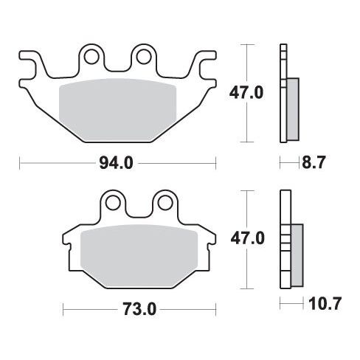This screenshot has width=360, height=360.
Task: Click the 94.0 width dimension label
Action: point(116,163)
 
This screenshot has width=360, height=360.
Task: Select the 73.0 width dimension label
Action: point(139,309)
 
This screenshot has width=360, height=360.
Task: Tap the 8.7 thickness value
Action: point(314,162)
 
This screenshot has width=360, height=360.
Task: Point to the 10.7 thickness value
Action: point(325,303)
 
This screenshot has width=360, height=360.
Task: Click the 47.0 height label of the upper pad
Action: point(246,93)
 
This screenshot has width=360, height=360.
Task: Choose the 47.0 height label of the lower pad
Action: point(247,238)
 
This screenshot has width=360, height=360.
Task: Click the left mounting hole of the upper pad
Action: point(91,57)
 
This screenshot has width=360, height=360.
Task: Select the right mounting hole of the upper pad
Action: point(144,57)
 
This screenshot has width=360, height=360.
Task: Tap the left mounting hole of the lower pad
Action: point(113,203)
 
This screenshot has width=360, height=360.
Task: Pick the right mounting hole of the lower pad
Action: point(165,203)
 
